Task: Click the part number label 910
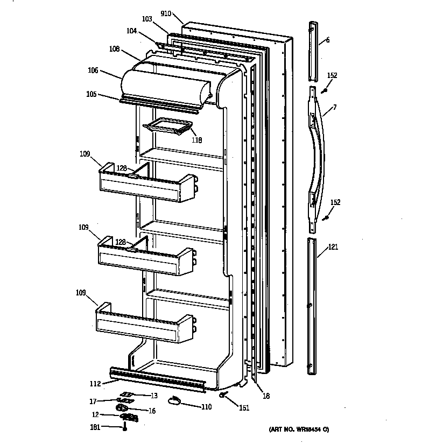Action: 166,13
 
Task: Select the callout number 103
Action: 147,19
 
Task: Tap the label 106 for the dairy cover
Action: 93,69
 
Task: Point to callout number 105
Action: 91,94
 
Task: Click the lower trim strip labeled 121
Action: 312,304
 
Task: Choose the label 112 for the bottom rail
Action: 95,384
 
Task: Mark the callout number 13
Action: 153,396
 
